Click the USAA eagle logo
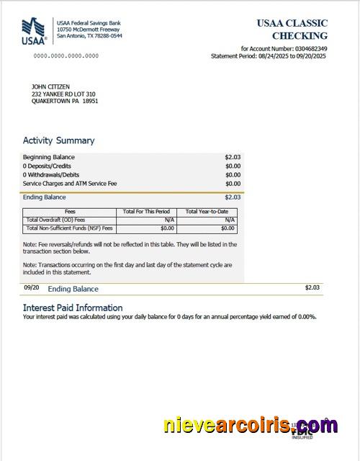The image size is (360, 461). (x=33, y=31)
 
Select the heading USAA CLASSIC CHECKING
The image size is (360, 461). (x=292, y=29)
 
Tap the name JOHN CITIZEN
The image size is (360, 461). (x=50, y=87)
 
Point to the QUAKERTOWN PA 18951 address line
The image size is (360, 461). (x=65, y=102)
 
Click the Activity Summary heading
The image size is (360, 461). (x=58, y=140)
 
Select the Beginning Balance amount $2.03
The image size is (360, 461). (x=233, y=157)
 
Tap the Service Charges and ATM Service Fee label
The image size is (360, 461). (x=70, y=183)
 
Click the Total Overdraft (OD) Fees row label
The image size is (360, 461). (x=55, y=220)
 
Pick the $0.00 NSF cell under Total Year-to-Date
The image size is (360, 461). (x=228, y=228)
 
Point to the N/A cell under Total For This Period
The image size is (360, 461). (x=170, y=220)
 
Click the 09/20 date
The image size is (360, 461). (x=31, y=287)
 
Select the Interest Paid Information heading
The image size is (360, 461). (x=73, y=308)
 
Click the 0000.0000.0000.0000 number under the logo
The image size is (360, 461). (x=66, y=55)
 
